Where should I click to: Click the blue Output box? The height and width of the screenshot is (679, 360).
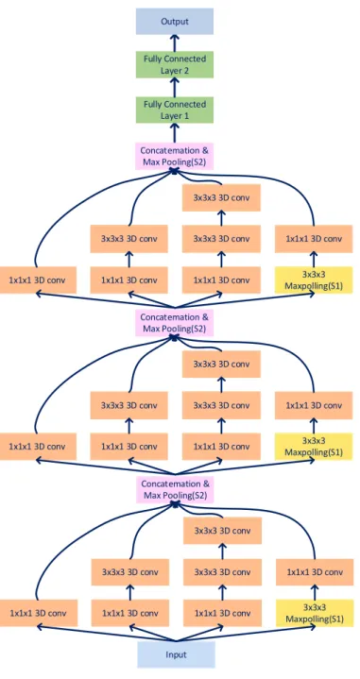[175, 21]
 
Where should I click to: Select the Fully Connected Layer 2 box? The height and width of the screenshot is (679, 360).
[175, 64]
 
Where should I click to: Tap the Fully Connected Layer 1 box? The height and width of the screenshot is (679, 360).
[175, 110]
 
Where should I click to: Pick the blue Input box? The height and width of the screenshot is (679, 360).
[177, 654]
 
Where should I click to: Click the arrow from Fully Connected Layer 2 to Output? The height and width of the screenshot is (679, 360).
[175, 42]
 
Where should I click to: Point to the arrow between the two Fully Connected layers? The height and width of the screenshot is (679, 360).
[175, 88]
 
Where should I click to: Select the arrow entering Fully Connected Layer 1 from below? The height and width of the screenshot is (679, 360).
[175, 133]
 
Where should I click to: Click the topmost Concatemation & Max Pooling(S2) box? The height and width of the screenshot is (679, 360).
[175, 157]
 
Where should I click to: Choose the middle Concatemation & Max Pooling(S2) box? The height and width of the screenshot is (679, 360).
[175, 323]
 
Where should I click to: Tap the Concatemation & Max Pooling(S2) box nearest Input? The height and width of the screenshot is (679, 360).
[176, 489]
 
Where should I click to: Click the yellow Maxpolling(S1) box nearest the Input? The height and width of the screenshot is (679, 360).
[315, 613]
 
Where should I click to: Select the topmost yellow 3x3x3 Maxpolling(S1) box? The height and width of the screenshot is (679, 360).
[314, 280]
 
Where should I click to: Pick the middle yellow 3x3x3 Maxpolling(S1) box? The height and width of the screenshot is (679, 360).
[314, 447]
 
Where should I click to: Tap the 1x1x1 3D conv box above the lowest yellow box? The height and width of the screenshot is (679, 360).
[315, 572]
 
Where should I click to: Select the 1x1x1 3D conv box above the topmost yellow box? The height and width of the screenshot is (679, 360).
[314, 239]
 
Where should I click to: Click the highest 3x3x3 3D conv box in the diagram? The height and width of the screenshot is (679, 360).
[221, 197]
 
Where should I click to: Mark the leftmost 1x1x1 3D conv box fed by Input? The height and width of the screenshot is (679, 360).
[39, 613]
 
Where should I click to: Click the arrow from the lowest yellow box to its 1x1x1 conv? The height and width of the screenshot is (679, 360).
[315, 592]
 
